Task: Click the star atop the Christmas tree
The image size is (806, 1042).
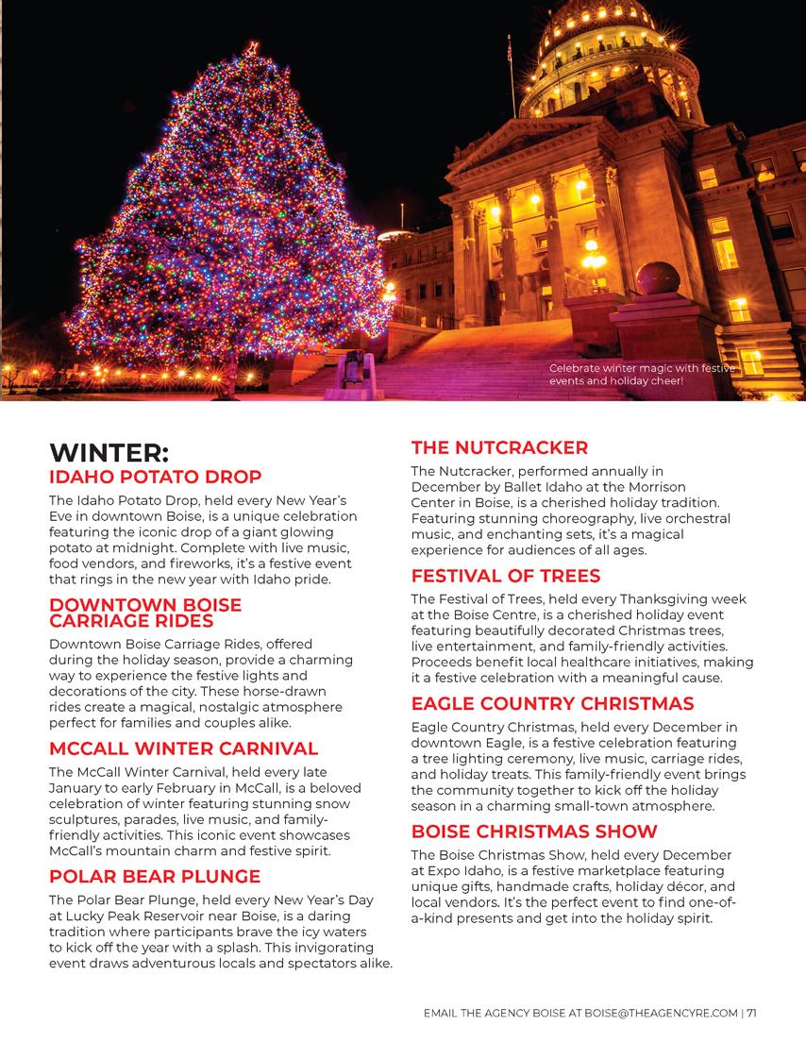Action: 252,47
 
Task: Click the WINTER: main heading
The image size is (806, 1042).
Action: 109,453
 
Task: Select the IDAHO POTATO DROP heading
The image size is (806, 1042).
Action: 155,477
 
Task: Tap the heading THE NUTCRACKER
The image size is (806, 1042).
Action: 499,447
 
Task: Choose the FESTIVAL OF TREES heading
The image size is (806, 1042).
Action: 506,576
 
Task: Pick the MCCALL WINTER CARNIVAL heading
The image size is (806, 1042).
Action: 183,748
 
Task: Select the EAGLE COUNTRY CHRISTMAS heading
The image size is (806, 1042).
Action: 552,703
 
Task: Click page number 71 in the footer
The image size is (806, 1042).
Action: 751,1014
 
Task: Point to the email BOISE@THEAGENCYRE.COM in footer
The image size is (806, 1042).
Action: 661,1014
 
